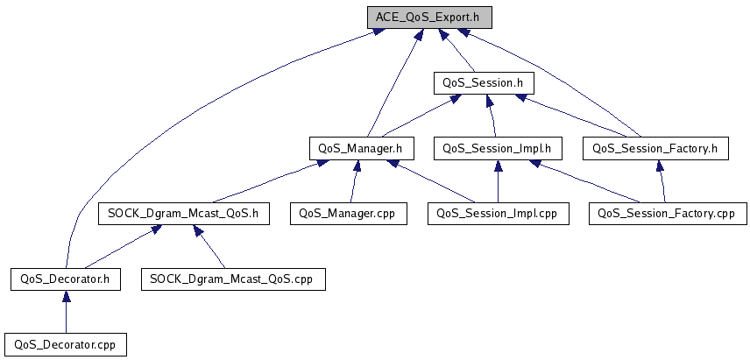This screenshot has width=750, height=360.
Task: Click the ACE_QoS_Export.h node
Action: [x=429, y=18]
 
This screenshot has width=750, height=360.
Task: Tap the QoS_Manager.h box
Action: [x=361, y=148]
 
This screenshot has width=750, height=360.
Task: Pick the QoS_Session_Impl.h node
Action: [x=498, y=148]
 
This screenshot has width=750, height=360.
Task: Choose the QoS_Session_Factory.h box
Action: [x=655, y=148]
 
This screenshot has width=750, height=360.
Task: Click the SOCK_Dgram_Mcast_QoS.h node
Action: [x=183, y=213]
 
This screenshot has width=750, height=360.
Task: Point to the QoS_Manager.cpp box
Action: [x=348, y=213]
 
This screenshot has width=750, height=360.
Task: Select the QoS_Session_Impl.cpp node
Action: [x=498, y=213]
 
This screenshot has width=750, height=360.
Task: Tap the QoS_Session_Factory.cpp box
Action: [x=668, y=213]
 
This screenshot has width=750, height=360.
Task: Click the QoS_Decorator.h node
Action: [x=66, y=279]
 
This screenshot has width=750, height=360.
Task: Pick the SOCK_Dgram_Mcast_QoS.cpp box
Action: [x=233, y=279]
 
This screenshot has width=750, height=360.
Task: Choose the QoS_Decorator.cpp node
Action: [x=66, y=344]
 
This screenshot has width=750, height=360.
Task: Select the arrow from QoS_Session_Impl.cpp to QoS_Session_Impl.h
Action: [x=498, y=181]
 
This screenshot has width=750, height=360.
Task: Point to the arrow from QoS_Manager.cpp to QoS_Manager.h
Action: [x=353, y=181]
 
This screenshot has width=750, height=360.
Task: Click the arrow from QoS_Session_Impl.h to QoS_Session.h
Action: [x=491, y=116]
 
